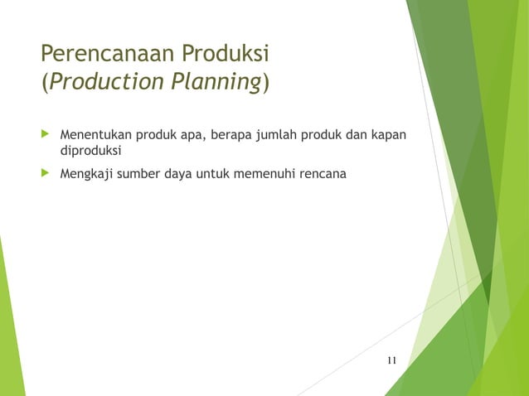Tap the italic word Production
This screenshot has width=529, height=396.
pos(101,85)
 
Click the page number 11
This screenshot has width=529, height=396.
pos(391,360)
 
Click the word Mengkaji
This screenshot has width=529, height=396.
pos(88,174)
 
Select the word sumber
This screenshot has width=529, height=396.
pos(143,174)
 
